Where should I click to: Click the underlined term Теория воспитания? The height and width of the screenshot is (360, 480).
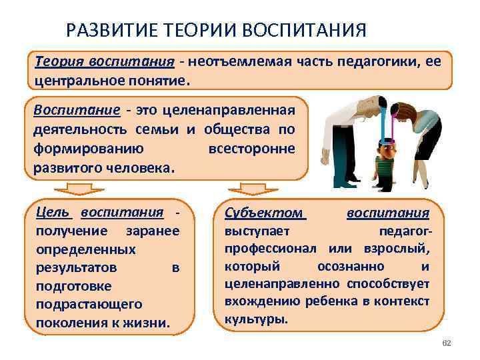105,62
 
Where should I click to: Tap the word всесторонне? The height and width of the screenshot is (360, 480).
251,148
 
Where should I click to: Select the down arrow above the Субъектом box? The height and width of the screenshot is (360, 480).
244,189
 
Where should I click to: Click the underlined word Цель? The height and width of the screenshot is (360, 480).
53,213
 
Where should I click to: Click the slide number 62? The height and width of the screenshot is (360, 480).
446,343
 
